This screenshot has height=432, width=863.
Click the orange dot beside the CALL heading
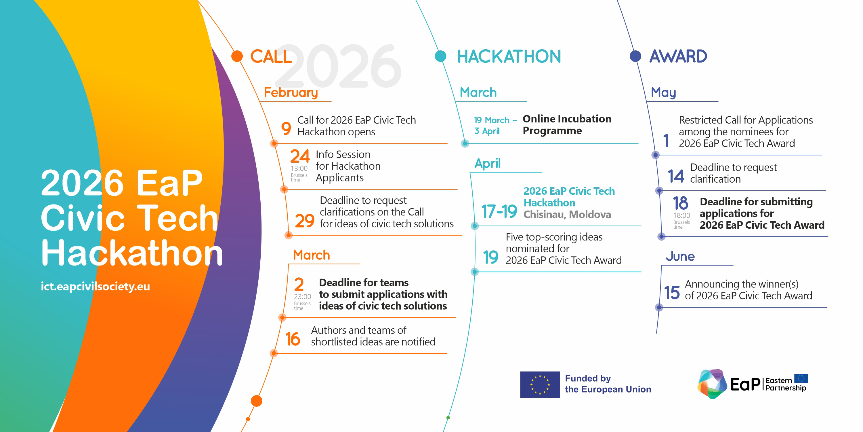[x=237, y=56]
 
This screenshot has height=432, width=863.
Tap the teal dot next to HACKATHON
[x=440, y=56]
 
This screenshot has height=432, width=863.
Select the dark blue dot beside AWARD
[x=635, y=56]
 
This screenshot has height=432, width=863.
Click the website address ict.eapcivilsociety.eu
[x=95, y=287]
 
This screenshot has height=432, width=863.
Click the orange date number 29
[x=305, y=221]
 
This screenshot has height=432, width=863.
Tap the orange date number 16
[x=293, y=339]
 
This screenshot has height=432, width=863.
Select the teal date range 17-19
[x=499, y=211]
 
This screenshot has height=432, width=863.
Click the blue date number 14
[x=676, y=176]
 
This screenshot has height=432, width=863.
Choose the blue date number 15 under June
[x=672, y=293]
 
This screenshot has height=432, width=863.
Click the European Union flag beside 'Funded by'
[x=540, y=384]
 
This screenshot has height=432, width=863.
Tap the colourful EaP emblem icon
[x=712, y=384]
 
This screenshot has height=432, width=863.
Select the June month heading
[x=680, y=256]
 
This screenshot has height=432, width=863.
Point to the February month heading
[x=291, y=92]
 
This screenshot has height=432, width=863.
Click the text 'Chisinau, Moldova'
[x=567, y=215]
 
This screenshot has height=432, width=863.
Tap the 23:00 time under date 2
[x=303, y=297]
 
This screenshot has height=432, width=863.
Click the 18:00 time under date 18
[x=682, y=215]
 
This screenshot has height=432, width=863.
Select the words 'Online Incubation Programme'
[x=567, y=125]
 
